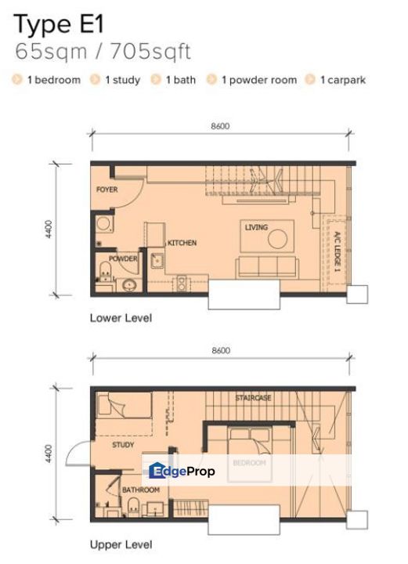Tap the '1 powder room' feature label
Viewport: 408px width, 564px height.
point(258,80)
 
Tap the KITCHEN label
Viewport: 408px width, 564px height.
point(182,243)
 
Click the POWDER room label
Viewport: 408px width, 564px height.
point(123,258)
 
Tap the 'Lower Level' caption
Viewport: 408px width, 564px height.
point(121,318)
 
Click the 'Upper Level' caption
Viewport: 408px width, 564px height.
point(121,544)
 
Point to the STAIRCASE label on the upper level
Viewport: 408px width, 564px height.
point(253,398)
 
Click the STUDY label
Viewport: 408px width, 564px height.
point(123,445)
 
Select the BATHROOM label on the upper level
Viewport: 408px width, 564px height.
point(141,490)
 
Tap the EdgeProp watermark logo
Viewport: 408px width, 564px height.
point(182,471)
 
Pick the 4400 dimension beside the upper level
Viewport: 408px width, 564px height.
point(49,453)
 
